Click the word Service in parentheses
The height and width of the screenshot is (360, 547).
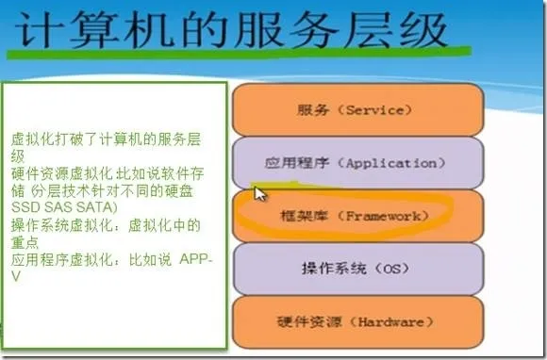374,109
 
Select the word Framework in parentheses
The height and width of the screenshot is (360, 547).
385,217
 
